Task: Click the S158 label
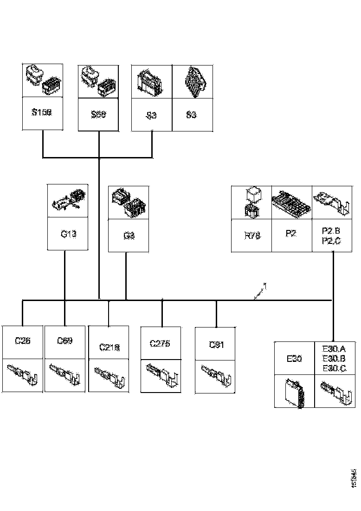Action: click(42, 113)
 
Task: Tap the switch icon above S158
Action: click(42, 81)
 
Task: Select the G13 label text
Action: click(68, 233)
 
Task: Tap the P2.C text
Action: click(331, 240)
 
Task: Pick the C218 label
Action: click(109, 347)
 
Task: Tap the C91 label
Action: click(216, 345)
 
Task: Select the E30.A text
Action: click(334, 349)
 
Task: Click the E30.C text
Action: click(334, 368)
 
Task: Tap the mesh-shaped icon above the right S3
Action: click(192, 81)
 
